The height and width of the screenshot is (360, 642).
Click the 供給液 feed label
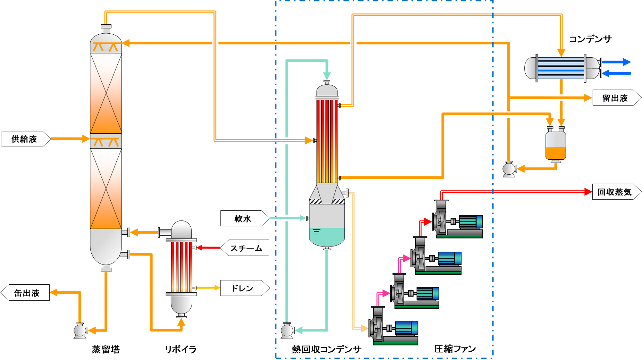point(24,139)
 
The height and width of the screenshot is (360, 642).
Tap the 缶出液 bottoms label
point(26,293)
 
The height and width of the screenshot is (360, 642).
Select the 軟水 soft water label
point(243,218)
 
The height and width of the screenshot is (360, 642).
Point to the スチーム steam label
point(246,248)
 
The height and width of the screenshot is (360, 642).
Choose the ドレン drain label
point(243,288)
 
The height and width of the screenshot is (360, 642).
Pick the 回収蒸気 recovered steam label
point(615,192)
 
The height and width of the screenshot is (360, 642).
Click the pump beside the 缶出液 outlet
point(80,330)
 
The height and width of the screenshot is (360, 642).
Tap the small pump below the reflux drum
point(509,169)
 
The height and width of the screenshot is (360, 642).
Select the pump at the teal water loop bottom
point(287,330)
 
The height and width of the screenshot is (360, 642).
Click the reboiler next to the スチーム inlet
point(181,267)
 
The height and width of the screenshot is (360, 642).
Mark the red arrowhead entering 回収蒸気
point(588,192)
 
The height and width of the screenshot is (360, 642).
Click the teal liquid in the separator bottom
point(327,236)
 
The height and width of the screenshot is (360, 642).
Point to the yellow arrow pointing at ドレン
point(217,288)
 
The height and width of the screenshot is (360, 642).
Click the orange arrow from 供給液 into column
point(85,139)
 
